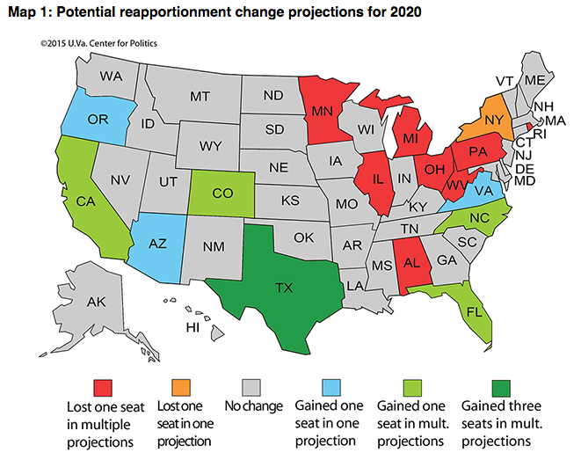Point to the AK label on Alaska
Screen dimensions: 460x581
[x=96, y=303]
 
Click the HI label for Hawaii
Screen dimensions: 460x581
[x=193, y=328]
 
